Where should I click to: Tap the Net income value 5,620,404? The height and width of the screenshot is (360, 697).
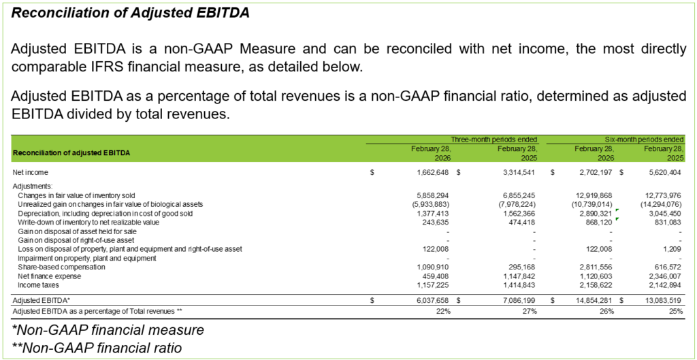pyautogui.click(x=663, y=172)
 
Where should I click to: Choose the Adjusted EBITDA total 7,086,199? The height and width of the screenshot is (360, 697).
pyautogui.click(x=514, y=299)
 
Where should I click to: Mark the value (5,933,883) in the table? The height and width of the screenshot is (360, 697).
pyautogui.click(x=425, y=204)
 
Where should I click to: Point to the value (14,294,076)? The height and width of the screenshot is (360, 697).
pyautogui.click(x=660, y=204)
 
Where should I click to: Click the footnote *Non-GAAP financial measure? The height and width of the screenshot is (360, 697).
pyautogui.click(x=108, y=331)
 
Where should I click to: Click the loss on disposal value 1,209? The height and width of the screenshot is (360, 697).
pyautogui.click(x=672, y=249)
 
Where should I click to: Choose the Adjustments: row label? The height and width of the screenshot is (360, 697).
pyautogui.click(x=33, y=186)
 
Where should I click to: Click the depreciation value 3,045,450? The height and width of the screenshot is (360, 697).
pyautogui.click(x=663, y=213)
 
